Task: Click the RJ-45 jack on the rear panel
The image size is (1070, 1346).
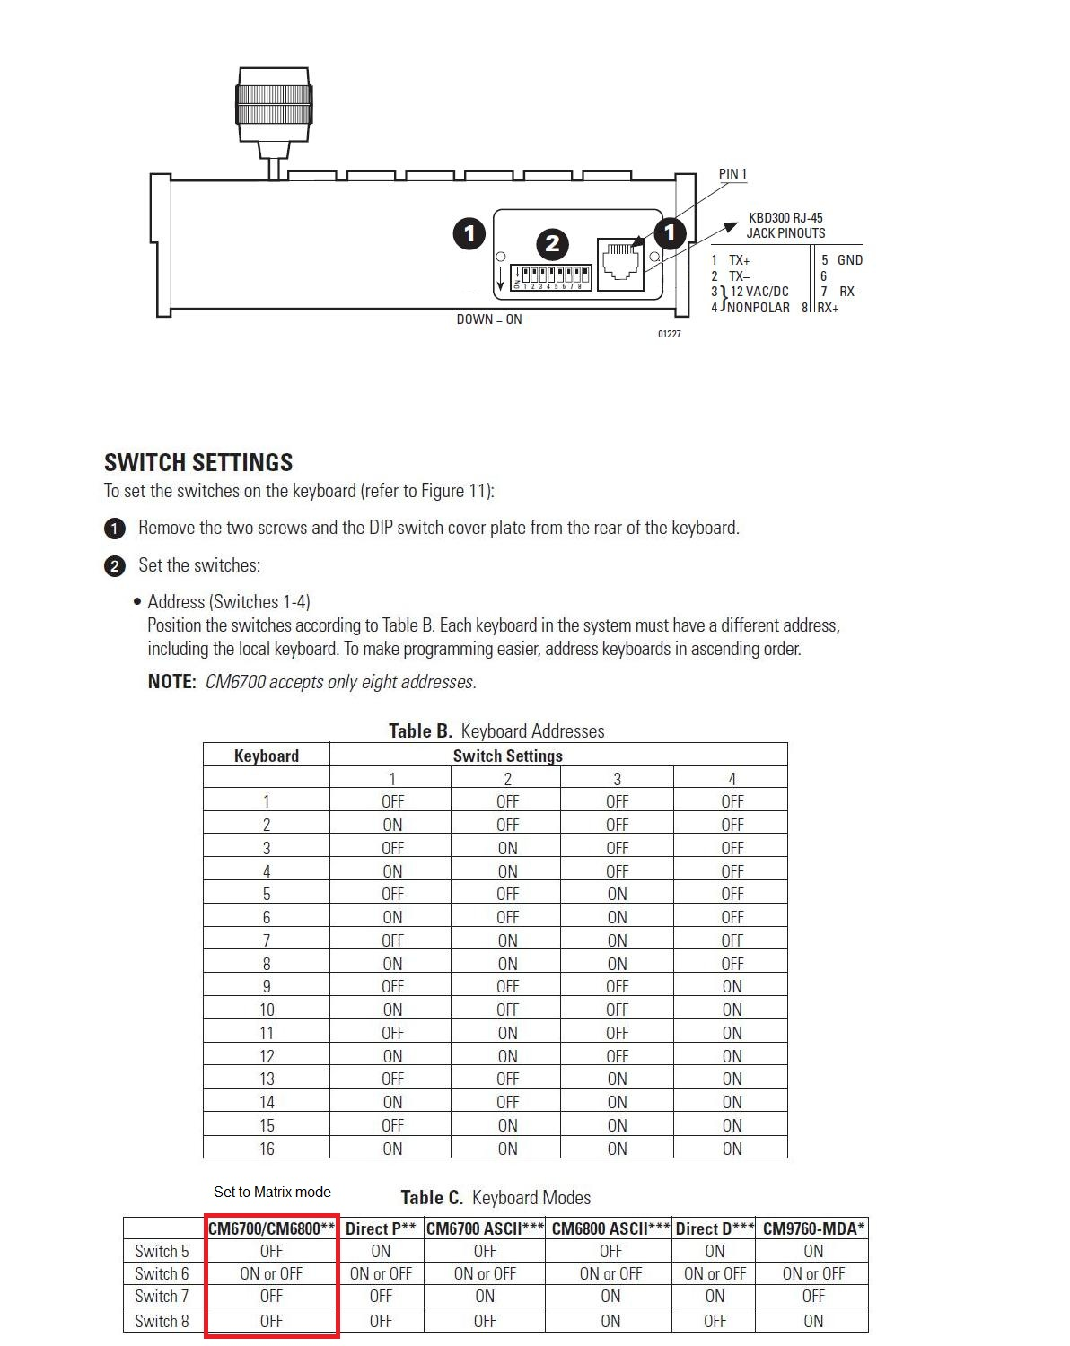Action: (x=620, y=264)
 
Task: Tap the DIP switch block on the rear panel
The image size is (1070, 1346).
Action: (x=551, y=276)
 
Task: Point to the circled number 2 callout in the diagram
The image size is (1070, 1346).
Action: (x=552, y=243)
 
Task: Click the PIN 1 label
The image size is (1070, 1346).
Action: (x=732, y=174)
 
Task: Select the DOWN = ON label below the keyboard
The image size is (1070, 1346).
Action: (x=488, y=319)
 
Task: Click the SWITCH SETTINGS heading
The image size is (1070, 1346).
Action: (x=198, y=462)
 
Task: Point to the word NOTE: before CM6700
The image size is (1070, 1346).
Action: (x=171, y=682)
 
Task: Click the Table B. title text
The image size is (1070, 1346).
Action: (x=496, y=730)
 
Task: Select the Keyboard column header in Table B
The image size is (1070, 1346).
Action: (x=266, y=756)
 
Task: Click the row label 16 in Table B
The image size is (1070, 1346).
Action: (x=267, y=1149)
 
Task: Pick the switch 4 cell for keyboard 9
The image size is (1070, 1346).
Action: (x=732, y=986)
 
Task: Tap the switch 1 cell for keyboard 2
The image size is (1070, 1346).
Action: (x=392, y=825)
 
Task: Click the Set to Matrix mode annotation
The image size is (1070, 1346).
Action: (x=272, y=1192)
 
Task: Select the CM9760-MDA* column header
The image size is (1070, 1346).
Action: (x=813, y=1228)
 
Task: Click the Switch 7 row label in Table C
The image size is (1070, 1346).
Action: (x=162, y=1297)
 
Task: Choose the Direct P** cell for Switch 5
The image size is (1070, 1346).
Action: (x=381, y=1251)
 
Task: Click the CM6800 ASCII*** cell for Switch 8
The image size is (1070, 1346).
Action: (x=610, y=1321)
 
